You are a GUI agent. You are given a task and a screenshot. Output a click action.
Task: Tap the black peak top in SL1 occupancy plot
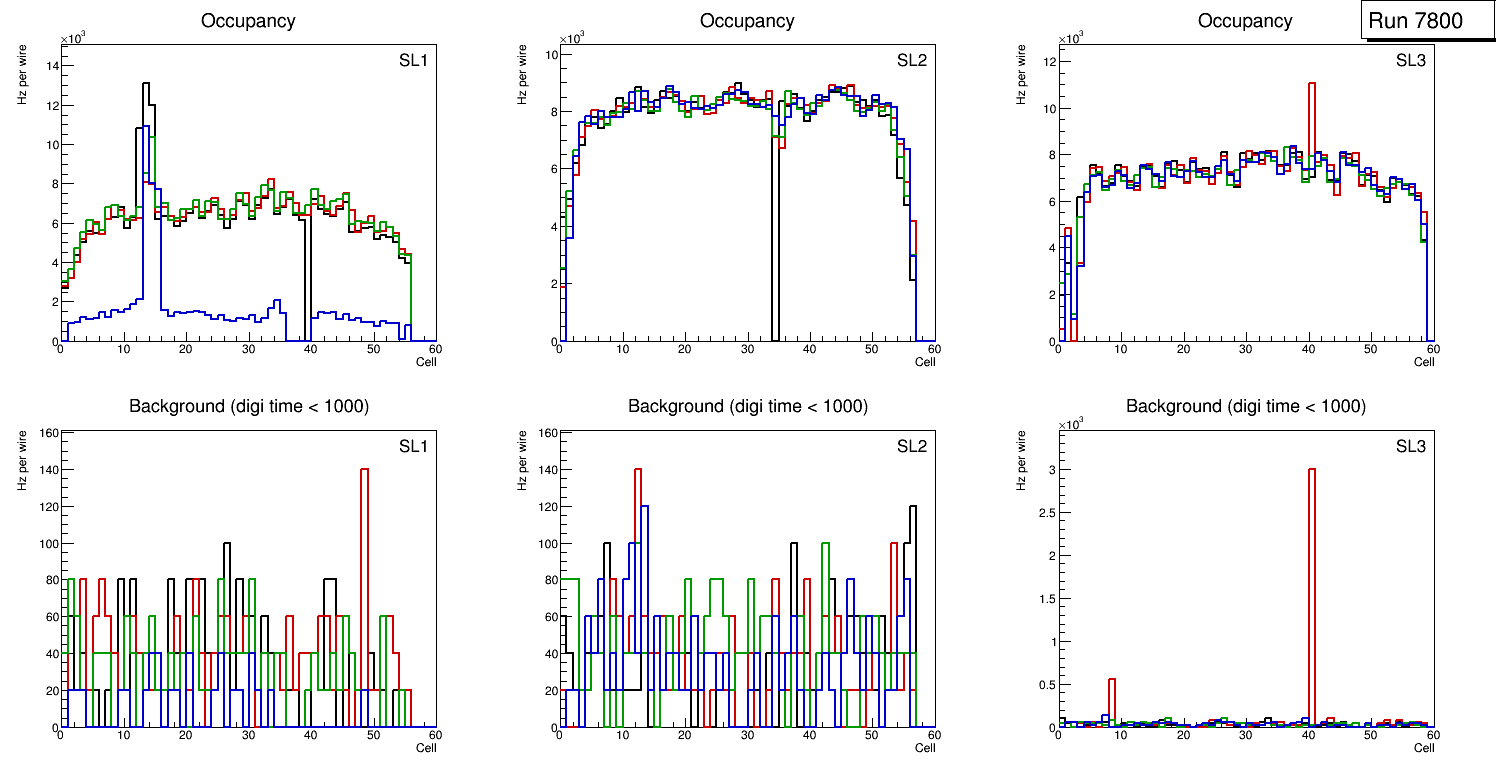click(x=146, y=84)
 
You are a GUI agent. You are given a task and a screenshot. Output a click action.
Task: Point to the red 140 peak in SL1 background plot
click(x=364, y=470)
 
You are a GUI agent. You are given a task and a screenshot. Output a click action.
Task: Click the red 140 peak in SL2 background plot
click(x=637, y=470)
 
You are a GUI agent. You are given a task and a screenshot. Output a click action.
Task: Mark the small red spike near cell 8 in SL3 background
click(x=1112, y=681)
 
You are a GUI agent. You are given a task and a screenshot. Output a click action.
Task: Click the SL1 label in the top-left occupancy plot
click(x=413, y=61)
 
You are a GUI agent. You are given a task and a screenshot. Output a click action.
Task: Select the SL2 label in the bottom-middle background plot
click(x=911, y=447)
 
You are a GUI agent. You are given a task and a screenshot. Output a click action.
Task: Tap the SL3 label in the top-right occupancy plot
click(x=1410, y=61)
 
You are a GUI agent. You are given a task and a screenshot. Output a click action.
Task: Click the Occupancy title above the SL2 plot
click(x=747, y=21)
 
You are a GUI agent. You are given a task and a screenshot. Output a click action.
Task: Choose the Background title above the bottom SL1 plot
click(x=249, y=406)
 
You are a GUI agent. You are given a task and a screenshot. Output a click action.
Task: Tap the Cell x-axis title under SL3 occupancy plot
click(x=1424, y=361)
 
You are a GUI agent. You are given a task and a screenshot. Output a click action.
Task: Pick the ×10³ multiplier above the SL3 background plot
click(x=1071, y=425)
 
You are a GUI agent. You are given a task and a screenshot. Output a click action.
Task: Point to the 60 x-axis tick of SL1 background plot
click(x=435, y=735)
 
